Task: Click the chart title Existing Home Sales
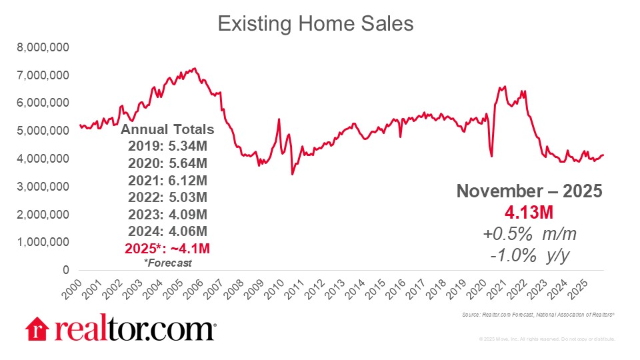pos(316,24)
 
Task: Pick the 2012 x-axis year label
pos(313,288)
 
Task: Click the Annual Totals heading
pos(167,129)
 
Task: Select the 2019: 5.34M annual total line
pos(167,146)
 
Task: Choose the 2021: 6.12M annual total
pos(167,179)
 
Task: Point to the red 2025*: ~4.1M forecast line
pos(167,247)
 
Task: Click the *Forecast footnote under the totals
pos(167,263)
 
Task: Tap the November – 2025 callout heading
pos(529,192)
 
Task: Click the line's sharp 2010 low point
pos(292,174)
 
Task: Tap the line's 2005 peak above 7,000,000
pos(194,68)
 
